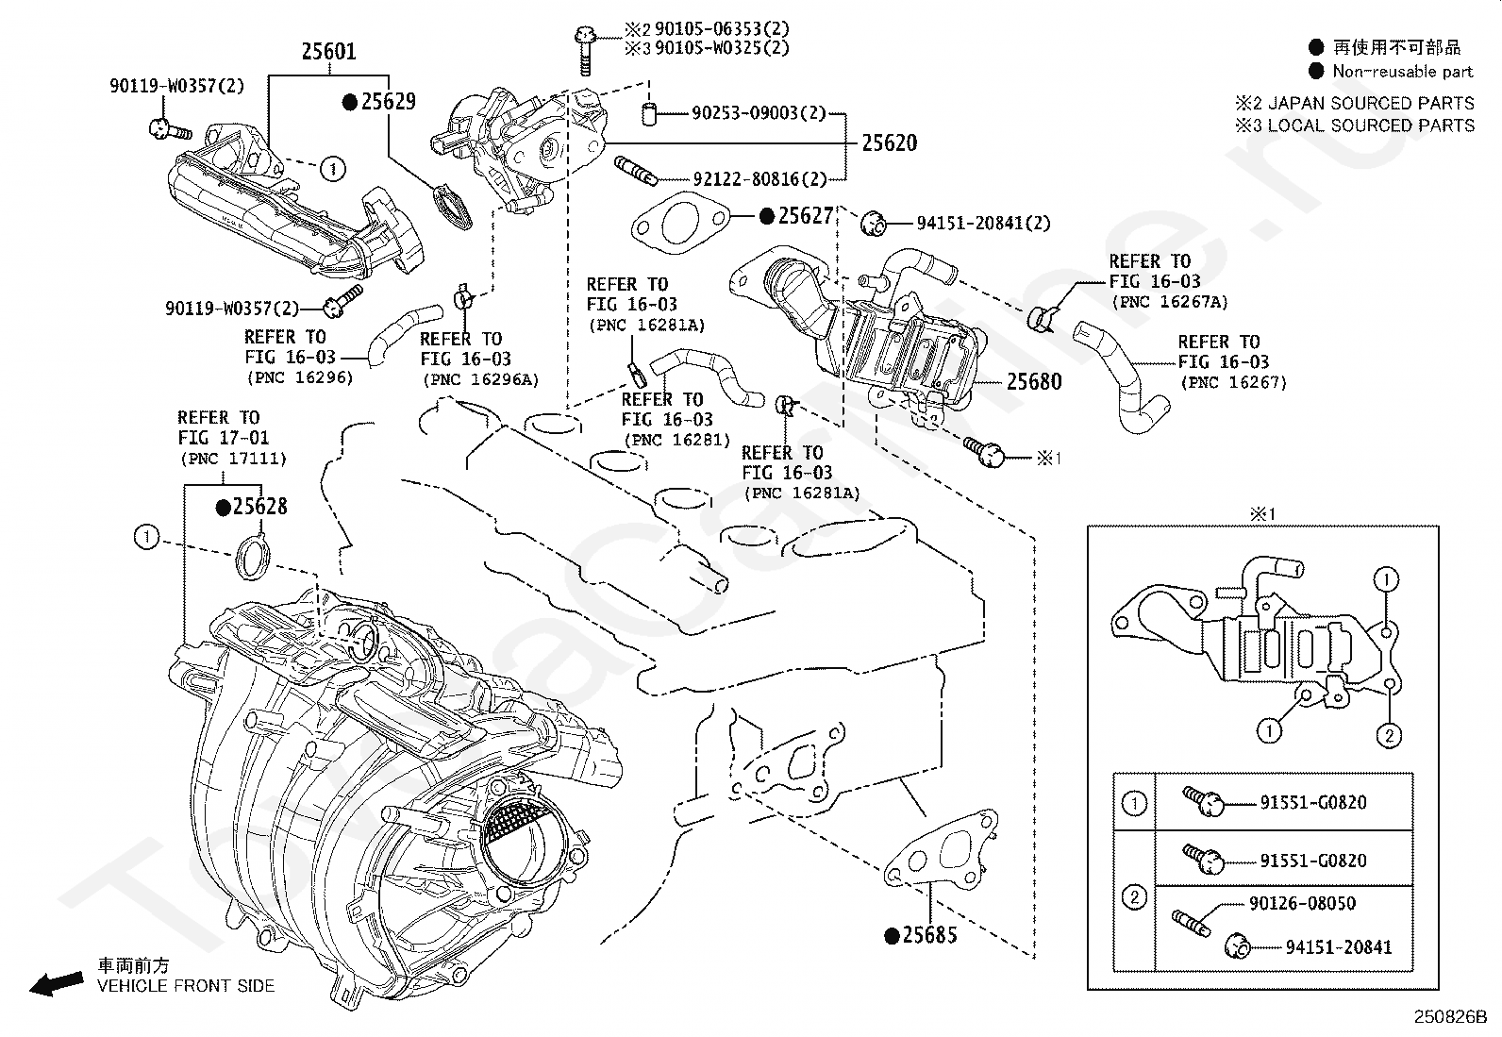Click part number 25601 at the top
328,51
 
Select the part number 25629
388,102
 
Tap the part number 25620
889,143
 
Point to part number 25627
806,216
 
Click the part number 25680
1034,382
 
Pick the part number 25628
259,507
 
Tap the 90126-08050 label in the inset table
1302,903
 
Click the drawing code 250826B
1449,1018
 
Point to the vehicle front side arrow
55,985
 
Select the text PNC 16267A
1170,302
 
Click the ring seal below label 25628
252,555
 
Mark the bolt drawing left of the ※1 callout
985,453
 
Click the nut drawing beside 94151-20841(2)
874,224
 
